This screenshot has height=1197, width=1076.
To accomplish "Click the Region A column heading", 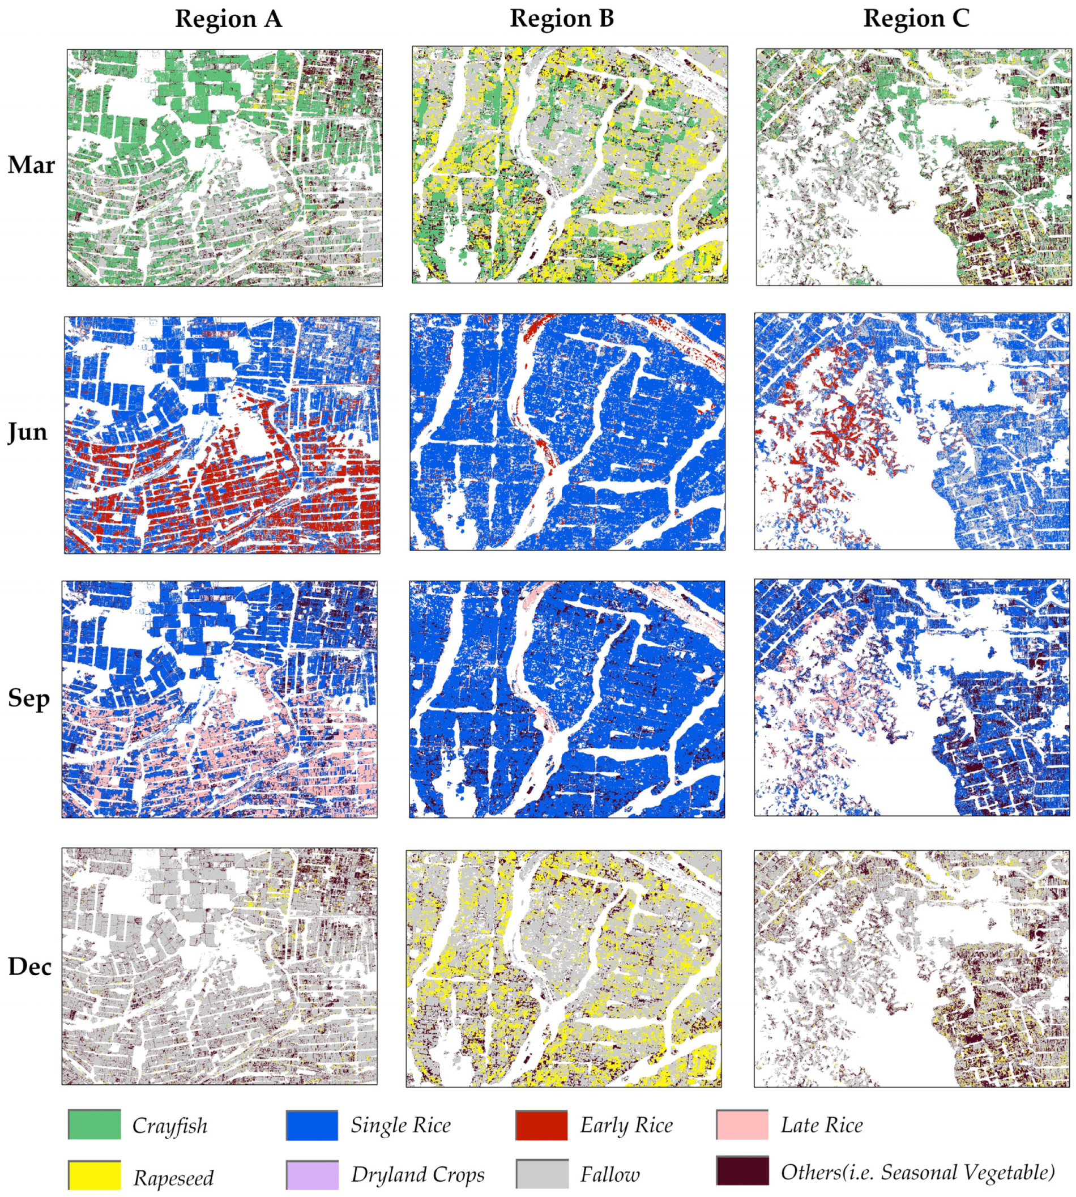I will (x=228, y=19).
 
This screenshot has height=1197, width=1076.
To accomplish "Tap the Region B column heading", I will (x=562, y=19).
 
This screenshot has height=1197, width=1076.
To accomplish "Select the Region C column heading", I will (x=916, y=19).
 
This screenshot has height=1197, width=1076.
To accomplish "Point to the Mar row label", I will (x=31, y=165).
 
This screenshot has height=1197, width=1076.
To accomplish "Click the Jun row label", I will (x=28, y=432).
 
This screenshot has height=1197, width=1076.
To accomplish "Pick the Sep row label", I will (x=28, y=699).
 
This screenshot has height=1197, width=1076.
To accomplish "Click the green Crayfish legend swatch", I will (x=95, y=1125).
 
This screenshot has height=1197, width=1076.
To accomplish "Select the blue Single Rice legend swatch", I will (x=311, y=1125).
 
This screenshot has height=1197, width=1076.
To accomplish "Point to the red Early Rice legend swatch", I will (x=541, y=1125).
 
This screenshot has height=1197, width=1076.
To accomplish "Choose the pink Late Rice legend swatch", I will (x=742, y=1125).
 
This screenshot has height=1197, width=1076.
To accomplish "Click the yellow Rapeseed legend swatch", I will (x=95, y=1175).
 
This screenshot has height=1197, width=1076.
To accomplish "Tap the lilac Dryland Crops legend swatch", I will (x=311, y=1175).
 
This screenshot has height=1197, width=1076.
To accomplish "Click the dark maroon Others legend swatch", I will (x=742, y=1172).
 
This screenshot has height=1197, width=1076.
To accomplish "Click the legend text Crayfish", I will (x=170, y=1126).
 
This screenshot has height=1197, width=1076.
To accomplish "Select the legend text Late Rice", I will (x=821, y=1125).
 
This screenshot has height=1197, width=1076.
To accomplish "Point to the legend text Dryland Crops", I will (x=417, y=1175).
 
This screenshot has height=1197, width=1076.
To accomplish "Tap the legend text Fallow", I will (x=609, y=1175).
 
